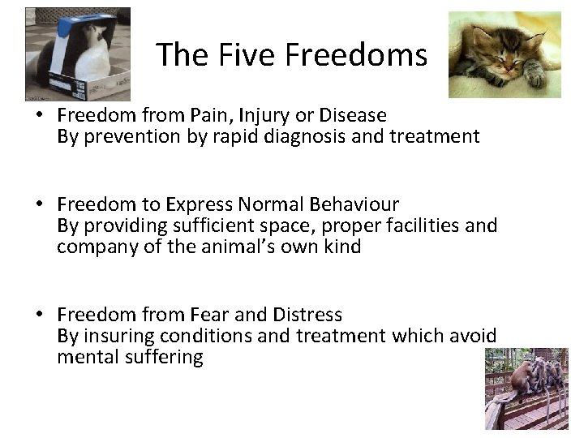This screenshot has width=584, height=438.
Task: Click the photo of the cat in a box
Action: pos(77,53)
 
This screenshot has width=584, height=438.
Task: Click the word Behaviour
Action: pos(353,204)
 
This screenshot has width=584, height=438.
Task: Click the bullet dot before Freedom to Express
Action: pos(38,204)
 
